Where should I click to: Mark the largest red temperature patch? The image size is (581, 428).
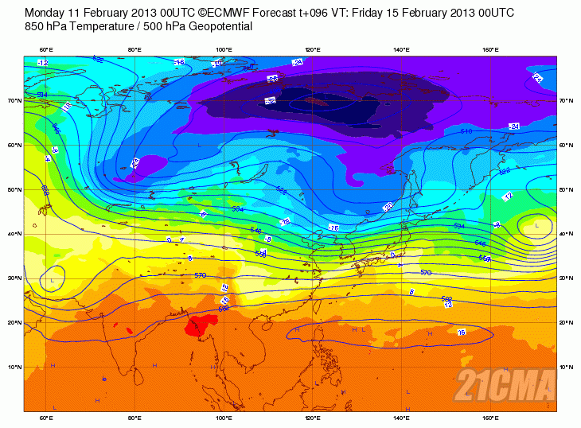tap(202, 324)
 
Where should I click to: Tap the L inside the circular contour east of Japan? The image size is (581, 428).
tap(537, 226)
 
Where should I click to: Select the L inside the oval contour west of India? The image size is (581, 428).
tap(53, 281)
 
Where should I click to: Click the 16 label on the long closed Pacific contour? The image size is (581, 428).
tap(461, 332)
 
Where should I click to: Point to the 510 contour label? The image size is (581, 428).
tap(466, 130)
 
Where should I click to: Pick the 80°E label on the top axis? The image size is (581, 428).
tap(135, 50)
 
